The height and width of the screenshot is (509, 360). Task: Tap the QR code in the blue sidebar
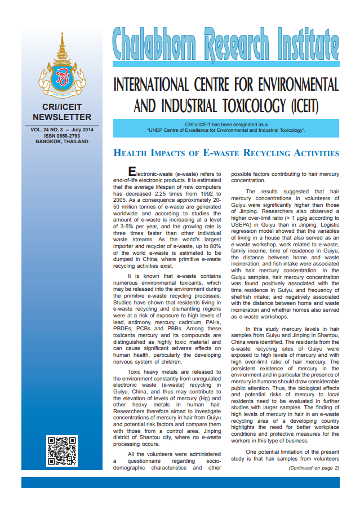pos(61,451)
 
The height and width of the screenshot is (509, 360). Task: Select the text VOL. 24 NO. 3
pos(48,130)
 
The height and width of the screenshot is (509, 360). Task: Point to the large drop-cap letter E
pos(132,171)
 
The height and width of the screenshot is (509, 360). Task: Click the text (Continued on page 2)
pos(314,468)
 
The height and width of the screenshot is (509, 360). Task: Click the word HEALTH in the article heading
pos(133,153)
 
